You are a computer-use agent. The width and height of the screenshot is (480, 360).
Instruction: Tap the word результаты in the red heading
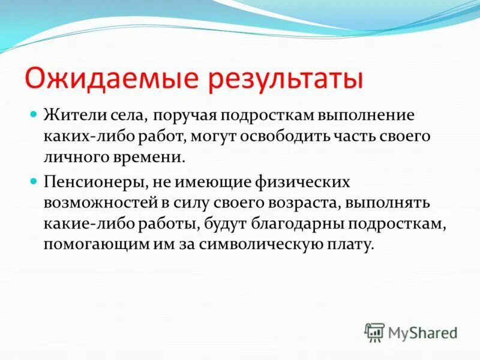(x=284, y=79)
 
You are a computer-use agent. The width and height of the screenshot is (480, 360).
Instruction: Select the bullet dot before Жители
(x=34, y=113)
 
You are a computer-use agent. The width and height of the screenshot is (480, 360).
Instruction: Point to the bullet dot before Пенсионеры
(x=34, y=179)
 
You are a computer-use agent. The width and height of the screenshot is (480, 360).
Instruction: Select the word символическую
(x=255, y=245)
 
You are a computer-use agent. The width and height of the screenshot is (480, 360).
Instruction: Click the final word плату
(x=349, y=245)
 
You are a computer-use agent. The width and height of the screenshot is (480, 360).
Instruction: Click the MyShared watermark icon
(x=374, y=331)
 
